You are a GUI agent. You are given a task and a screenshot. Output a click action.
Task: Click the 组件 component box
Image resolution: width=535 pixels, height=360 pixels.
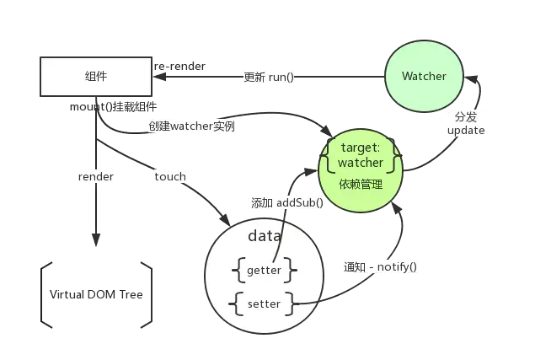pyautogui.click(x=96, y=77)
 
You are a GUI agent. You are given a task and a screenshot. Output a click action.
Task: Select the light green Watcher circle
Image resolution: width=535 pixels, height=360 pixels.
pyautogui.click(x=424, y=76)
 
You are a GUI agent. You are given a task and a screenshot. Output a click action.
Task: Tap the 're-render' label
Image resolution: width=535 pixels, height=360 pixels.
pyautogui.click(x=179, y=67)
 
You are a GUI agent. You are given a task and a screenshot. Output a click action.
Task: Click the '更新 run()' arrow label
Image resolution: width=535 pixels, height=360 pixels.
pyautogui.click(x=269, y=78)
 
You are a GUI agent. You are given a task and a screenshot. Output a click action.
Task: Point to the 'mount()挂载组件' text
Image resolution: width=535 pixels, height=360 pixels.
pyautogui.click(x=113, y=107)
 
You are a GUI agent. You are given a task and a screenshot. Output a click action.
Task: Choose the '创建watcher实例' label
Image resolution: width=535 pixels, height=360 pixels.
pyautogui.click(x=191, y=126)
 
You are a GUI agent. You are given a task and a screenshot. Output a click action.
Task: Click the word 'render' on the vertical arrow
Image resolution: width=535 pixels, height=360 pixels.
pyautogui.click(x=96, y=177)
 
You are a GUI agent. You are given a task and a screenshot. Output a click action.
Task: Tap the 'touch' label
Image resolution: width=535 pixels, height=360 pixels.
pyautogui.click(x=170, y=177)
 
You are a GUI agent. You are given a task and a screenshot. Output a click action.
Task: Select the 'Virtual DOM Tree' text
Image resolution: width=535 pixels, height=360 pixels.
pyautogui.click(x=96, y=294)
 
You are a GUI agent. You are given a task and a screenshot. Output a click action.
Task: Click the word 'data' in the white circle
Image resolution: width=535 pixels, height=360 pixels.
pyautogui.click(x=265, y=236)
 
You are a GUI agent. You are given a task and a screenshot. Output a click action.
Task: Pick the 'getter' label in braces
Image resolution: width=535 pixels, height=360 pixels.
pyautogui.click(x=264, y=270)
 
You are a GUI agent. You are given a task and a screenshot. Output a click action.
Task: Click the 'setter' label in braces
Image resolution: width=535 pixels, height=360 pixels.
pyautogui.click(x=264, y=304)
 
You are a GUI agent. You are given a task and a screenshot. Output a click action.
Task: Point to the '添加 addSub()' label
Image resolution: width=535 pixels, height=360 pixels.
pyautogui.click(x=287, y=203)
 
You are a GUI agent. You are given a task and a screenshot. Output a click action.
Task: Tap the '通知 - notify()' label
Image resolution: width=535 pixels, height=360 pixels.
pyautogui.click(x=380, y=266)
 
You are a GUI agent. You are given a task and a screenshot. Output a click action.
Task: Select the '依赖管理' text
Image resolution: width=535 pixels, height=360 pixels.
pyautogui.click(x=361, y=185)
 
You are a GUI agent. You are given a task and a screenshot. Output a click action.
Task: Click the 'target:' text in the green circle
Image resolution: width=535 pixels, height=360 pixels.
pyautogui.click(x=361, y=148)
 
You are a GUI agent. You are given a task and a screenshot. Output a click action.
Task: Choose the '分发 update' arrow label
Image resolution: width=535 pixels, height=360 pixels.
pyautogui.click(x=466, y=123)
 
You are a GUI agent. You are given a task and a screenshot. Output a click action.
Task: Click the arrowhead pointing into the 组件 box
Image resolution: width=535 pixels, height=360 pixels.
pyautogui.click(x=159, y=77)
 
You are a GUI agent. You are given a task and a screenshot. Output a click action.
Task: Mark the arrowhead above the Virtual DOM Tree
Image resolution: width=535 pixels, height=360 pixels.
pyautogui.click(x=96, y=239)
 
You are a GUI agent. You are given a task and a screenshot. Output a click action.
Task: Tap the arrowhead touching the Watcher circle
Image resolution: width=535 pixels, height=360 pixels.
pyautogui.click(x=471, y=79)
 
